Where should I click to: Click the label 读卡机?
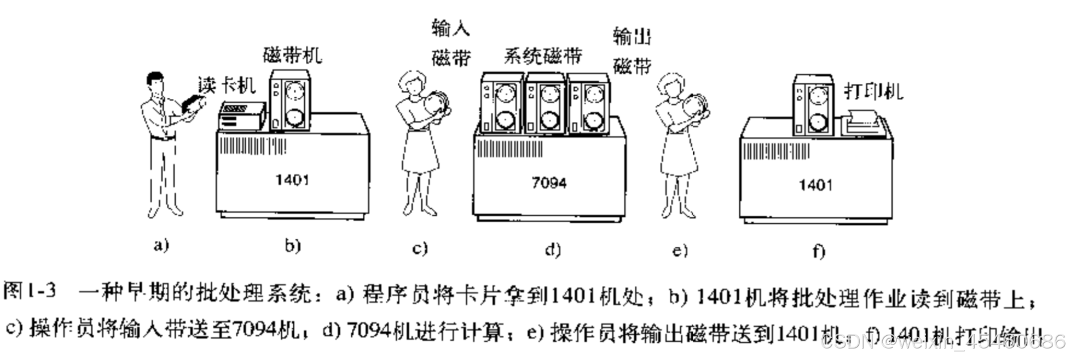[226, 86]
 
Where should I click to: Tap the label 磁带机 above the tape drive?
[292, 55]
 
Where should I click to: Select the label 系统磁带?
[543, 56]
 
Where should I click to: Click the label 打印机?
[873, 91]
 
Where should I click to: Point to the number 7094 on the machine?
[548, 183]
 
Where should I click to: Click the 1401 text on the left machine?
[291, 180]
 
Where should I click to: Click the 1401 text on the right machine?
[815, 185]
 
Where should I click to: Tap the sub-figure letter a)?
[161, 246]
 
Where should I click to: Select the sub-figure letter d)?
[552, 249]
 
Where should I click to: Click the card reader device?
[241, 116]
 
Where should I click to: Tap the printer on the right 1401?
[861, 122]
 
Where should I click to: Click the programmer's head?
[156, 84]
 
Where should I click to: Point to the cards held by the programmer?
[193, 104]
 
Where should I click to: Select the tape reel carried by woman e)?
[696, 108]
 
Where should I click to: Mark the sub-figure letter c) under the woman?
[420, 248]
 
